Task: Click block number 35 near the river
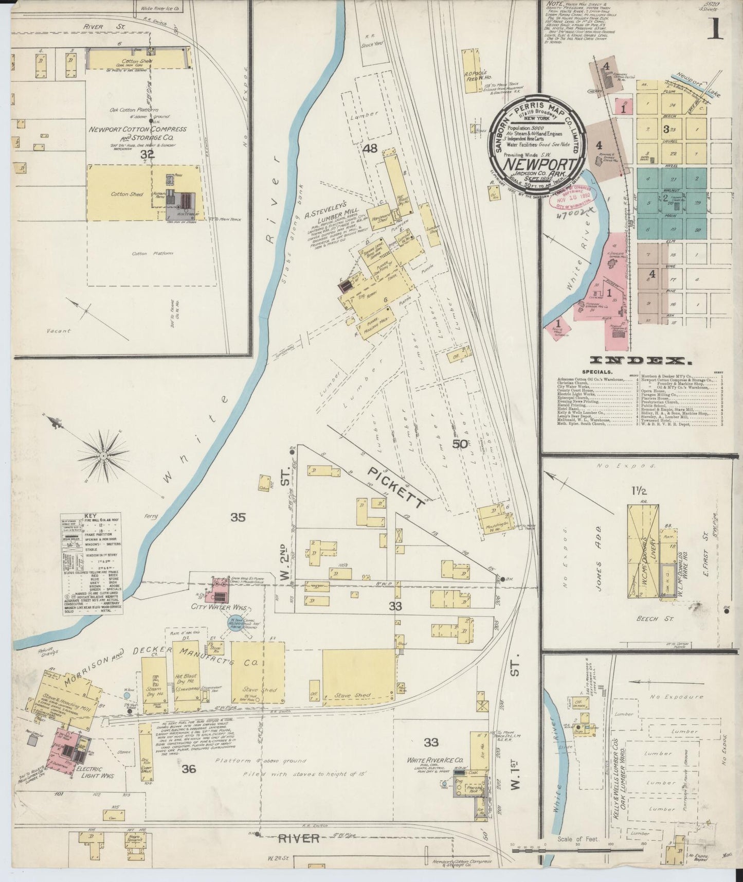[238, 517]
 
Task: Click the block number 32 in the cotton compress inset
[148, 154]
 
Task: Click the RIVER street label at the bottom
[299, 838]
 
